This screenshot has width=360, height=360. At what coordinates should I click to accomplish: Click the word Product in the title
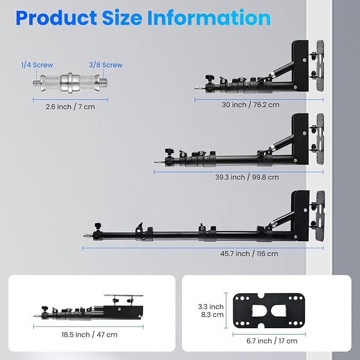pos(57,19)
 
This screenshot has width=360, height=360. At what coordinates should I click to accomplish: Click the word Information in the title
pos(209,17)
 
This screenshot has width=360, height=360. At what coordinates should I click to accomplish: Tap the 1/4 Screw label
pos(37,65)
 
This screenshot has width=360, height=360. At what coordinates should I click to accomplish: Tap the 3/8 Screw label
pos(106,65)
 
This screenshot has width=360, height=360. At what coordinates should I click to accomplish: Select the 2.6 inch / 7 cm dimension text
pos(71,107)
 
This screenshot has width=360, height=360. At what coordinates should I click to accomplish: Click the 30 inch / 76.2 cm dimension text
pos(250,104)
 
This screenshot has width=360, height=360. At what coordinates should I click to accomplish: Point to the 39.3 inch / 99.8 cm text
pos(247,177)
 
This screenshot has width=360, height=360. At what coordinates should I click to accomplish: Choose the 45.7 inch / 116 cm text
pos(249,254)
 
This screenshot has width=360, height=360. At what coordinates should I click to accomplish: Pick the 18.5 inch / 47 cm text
pos(89,335)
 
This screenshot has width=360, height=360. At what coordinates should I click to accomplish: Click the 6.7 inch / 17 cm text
pos(272,341)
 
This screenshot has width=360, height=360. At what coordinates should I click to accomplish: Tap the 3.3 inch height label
pos(211,307)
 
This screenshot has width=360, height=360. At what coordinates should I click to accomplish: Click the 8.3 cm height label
pos(213,314)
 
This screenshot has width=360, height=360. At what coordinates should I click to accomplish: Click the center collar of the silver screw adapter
pos(70,83)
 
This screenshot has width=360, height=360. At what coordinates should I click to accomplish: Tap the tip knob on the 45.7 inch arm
pos(98,226)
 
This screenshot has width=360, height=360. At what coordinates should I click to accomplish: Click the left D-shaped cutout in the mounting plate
pos(259,311)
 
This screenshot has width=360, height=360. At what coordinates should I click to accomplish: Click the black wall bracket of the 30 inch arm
pos(300,66)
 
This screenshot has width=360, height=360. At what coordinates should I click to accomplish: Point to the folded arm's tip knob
pos(44,309)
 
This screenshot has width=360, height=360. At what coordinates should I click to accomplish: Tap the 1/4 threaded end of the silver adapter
pos(37,82)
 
